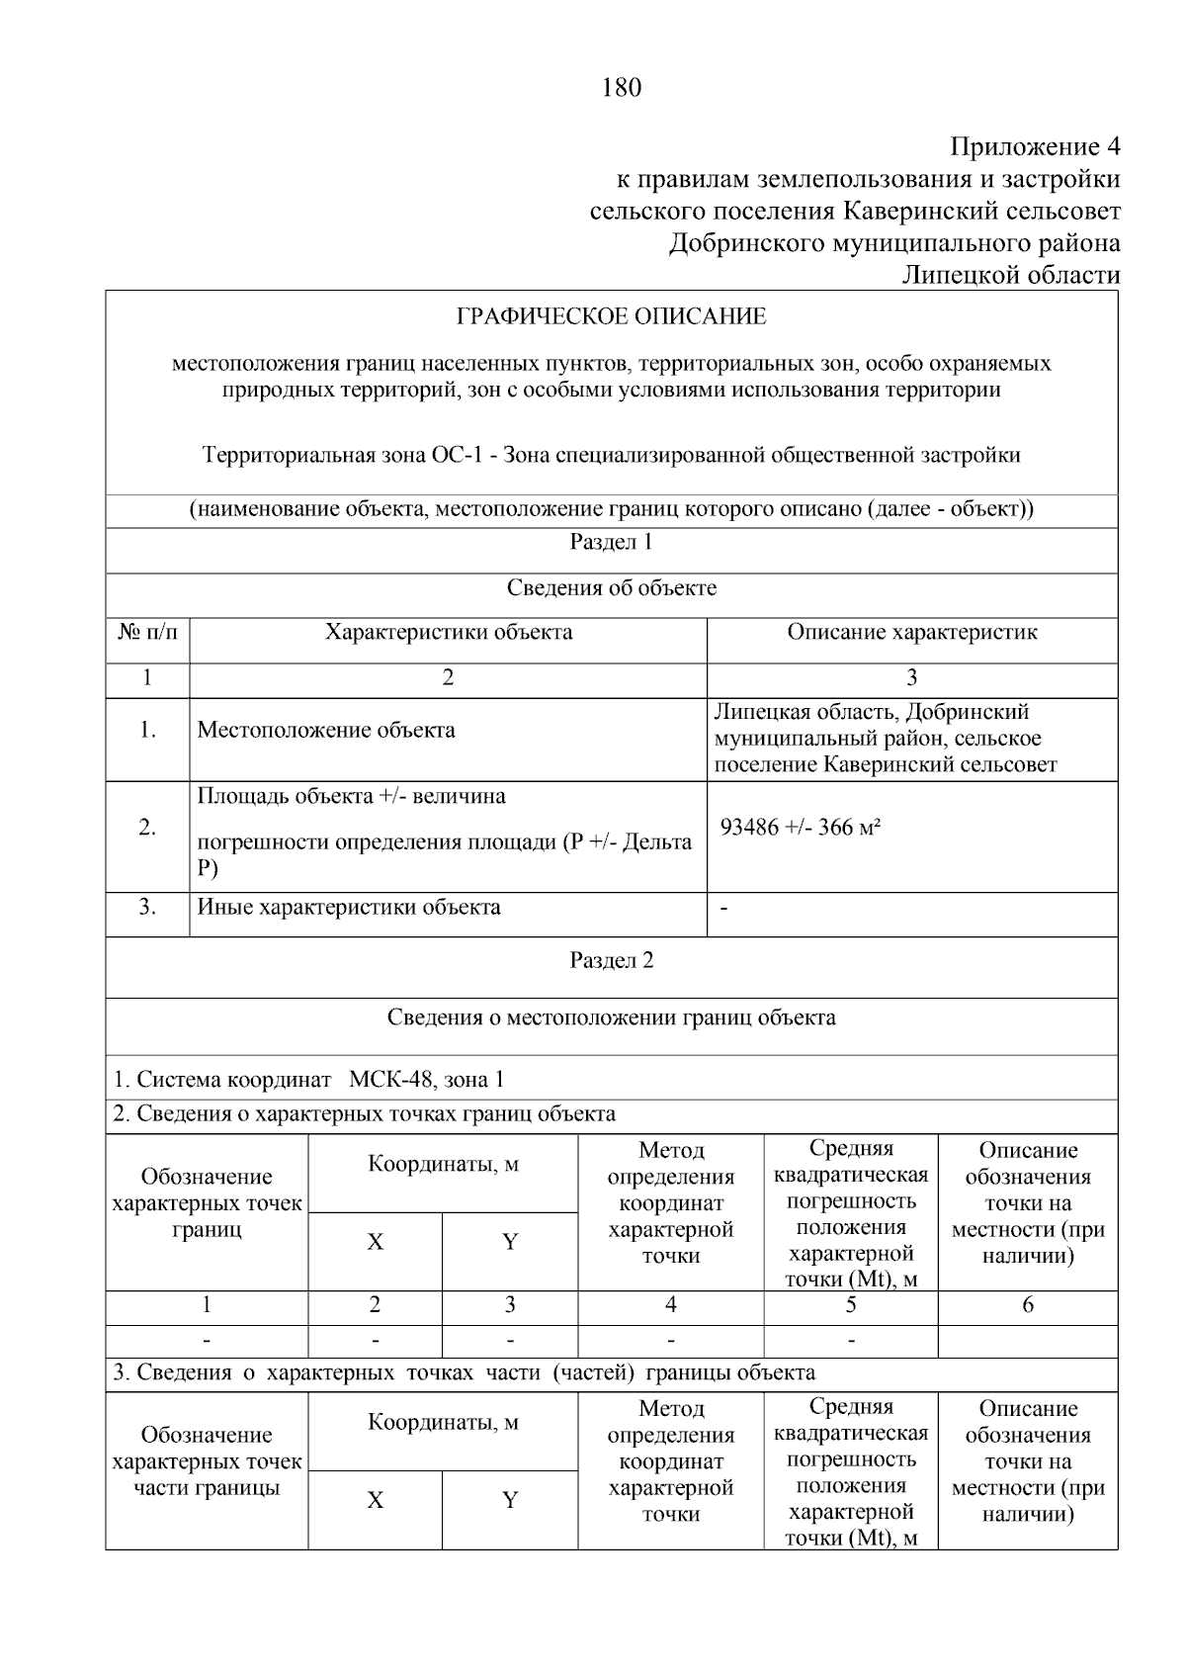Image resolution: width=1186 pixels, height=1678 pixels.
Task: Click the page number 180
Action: point(621,87)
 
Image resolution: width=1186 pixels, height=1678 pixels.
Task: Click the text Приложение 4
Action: point(1035,147)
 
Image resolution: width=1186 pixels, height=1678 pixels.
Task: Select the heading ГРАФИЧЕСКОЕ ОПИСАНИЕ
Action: point(611,316)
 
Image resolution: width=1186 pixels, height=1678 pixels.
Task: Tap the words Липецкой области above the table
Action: point(1011,275)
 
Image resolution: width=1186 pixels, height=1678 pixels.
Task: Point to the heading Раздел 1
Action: point(611,542)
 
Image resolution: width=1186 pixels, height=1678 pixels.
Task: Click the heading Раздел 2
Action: point(611,960)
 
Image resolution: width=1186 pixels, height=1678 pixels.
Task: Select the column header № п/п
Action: point(147,632)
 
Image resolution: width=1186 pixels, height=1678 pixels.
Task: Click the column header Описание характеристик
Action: point(911,632)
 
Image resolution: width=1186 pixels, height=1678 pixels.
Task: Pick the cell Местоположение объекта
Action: point(326,730)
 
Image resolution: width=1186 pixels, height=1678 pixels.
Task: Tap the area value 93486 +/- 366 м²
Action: point(800,828)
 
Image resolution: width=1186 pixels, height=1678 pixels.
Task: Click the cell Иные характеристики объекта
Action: point(349,907)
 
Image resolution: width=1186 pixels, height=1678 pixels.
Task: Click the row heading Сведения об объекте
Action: point(611,588)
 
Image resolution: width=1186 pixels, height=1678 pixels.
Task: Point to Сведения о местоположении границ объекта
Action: point(611,1017)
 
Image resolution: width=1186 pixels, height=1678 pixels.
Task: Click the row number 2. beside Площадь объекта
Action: point(147,828)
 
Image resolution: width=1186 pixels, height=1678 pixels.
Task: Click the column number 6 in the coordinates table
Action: point(1027,1305)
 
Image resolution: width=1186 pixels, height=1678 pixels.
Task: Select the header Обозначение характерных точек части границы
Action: point(207,1461)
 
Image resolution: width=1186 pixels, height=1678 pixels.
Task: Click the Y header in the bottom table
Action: point(510,1500)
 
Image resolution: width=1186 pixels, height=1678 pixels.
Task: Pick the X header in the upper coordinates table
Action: point(375,1242)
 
